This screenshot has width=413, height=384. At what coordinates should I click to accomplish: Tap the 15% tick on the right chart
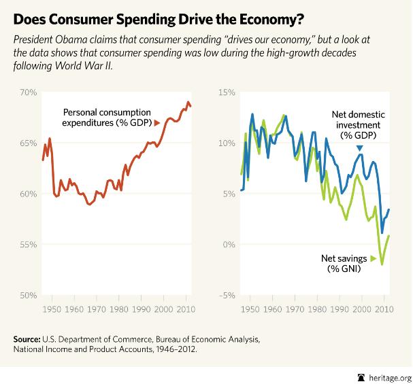click(x=227, y=92)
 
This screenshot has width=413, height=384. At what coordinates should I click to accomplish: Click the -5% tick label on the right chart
click(x=227, y=295)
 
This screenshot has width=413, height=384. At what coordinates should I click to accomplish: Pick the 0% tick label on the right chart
click(x=229, y=245)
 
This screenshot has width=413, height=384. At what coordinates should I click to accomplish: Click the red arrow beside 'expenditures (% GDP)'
click(x=157, y=123)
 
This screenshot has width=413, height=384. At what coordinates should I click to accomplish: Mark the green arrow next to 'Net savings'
click(x=374, y=259)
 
